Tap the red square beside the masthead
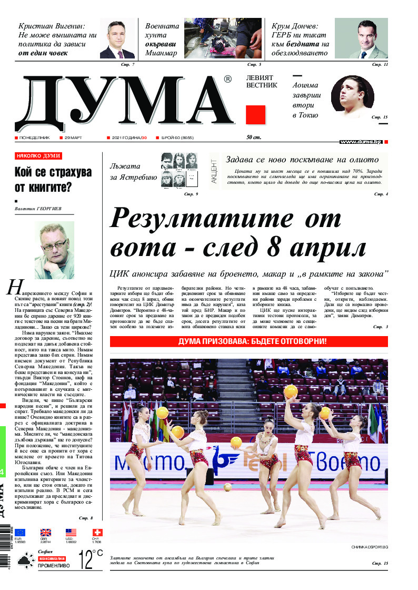coord(255,114)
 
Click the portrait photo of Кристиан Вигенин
coord(117,40)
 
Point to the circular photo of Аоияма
coord(352,97)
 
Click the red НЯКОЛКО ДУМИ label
coord(38,156)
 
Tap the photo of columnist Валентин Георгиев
coord(54,250)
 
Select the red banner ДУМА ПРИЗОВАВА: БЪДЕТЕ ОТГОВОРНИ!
coord(249,341)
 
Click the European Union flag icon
coord(21,533)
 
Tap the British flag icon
coord(46,533)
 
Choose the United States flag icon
coord(71,533)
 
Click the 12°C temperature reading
coord(91,559)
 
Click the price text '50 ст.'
coord(254,137)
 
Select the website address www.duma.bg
coord(361,142)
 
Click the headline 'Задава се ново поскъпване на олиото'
coord(302,160)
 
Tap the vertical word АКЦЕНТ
coord(214,171)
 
